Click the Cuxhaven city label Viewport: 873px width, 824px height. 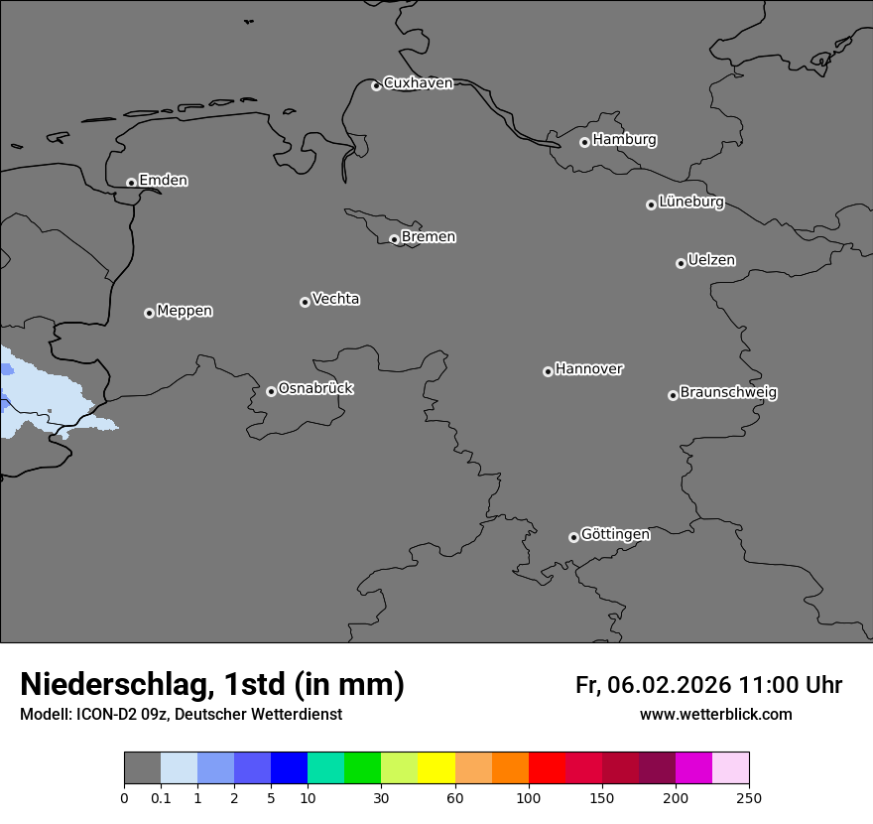coord(418,83)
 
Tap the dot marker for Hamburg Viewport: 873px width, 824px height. coord(584,142)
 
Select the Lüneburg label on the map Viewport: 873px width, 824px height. coord(690,202)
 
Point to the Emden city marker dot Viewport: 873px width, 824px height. coord(131,183)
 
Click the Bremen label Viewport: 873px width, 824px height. coord(429,237)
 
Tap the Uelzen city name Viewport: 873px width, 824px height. coord(711,260)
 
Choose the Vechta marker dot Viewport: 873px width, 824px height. coord(305,302)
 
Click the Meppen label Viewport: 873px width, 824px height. coord(185,311)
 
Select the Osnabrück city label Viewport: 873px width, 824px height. coord(315,388)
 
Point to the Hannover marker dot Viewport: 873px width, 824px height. coord(548,371)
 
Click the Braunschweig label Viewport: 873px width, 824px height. coord(728,392)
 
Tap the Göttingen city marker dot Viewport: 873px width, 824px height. coord(573,537)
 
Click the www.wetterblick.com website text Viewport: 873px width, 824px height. coord(715,715)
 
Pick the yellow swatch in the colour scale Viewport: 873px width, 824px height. coord(436,768)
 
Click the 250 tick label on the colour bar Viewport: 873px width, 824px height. coord(749,797)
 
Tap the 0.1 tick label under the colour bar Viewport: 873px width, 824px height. coord(161,797)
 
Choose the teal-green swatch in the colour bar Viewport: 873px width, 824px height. coord(325,768)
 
